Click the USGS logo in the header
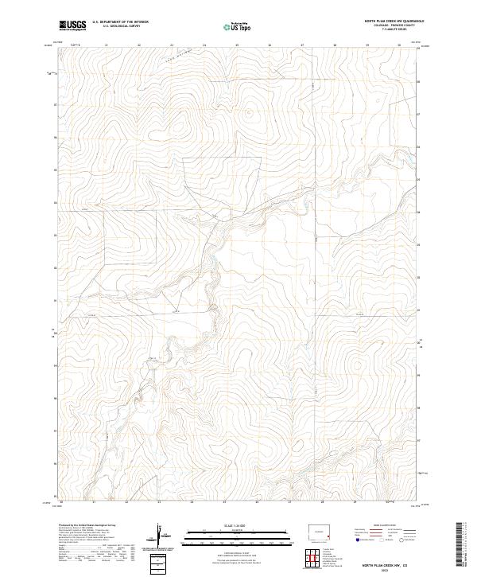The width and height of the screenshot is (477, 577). click(x=72, y=25)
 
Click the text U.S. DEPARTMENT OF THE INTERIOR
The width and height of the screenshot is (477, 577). click(x=120, y=21)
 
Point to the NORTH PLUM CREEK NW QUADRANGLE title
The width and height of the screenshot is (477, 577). click(x=394, y=21)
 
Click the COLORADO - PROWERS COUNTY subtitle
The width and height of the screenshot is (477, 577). click(x=394, y=25)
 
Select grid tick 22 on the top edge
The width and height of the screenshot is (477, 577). click(x=139, y=45)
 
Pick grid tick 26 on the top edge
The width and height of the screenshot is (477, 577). click(x=270, y=45)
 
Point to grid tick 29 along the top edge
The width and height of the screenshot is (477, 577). click(x=367, y=45)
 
